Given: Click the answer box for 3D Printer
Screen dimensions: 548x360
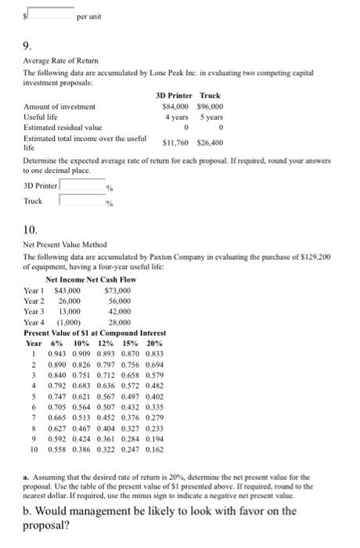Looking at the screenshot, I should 82,186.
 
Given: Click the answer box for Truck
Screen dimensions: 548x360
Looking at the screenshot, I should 82,201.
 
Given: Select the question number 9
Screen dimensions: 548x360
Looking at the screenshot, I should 27,45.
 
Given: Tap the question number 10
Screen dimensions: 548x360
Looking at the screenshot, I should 30,231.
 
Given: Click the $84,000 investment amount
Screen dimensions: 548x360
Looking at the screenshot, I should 175,105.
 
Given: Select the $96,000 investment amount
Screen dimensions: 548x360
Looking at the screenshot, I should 209,105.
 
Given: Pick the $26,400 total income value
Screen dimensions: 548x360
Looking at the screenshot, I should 209,142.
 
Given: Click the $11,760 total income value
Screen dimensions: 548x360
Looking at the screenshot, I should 175,142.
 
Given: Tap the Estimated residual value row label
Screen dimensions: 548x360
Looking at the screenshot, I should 62,124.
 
